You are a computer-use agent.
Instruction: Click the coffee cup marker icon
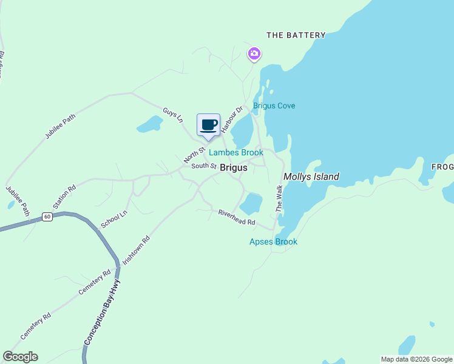pos(209,125)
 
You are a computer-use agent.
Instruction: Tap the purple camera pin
pos(254,55)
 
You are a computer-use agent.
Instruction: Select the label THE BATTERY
pos(296,35)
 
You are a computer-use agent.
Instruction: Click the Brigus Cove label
pos(274,106)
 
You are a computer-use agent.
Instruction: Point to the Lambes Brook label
pos(236,153)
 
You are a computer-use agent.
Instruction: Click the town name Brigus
pos(233,167)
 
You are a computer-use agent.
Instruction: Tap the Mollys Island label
pos(311,177)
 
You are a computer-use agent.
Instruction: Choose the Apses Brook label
pos(274,241)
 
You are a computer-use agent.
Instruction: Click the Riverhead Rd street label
pos(236,218)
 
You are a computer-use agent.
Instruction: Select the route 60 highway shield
pos(47,217)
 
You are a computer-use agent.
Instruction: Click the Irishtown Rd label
pos(136,249)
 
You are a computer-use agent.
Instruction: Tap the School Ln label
pos(114,219)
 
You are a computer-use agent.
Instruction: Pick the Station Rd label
pos(64,197)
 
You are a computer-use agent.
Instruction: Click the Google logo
pos(20,357)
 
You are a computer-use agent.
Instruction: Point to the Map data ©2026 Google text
pos(416,359)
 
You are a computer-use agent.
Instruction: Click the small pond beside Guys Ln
pos(149,124)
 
